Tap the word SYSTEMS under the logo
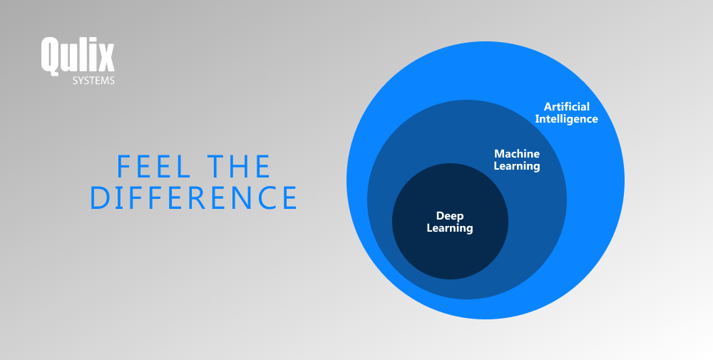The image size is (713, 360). (x=93, y=81)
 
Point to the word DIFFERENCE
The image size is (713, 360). (x=193, y=197)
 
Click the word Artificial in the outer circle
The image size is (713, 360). (x=567, y=107)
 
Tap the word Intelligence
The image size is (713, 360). (x=567, y=119)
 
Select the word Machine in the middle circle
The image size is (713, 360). (x=517, y=154)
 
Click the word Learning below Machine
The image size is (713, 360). (x=517, y=166)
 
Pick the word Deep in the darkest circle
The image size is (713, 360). (x=450, y=216)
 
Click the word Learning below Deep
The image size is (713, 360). (x=450, y=228)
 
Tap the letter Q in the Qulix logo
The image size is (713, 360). (x=51, y=56)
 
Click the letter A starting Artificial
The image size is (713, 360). (x=548, y=107)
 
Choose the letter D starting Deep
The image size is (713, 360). (x=440, y=216)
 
